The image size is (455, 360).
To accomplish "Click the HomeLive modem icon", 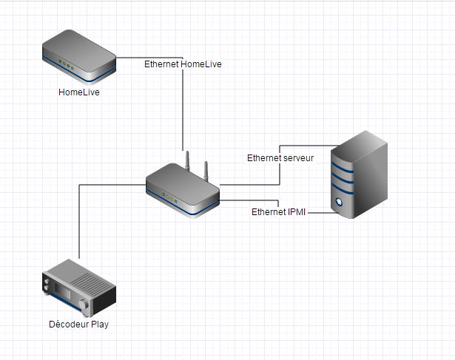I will pyautogui.click(x=79, y=58).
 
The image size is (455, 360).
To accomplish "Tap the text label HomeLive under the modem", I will pyautogui.click(x=79, y=92).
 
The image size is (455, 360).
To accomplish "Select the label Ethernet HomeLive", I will pyautogui.click(x=183, y=64).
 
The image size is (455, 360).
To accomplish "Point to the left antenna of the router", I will pyautogui.click(x=187, y=162).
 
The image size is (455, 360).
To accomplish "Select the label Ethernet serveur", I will pyautogui.click(x=280, y=158).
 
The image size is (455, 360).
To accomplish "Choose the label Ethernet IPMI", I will pyautogui.click(x=280, y=212).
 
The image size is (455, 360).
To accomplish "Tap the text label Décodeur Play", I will pyautogui.click(x=78, y=325).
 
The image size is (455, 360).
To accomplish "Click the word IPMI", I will pyautogui.click(x=296, y=212).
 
